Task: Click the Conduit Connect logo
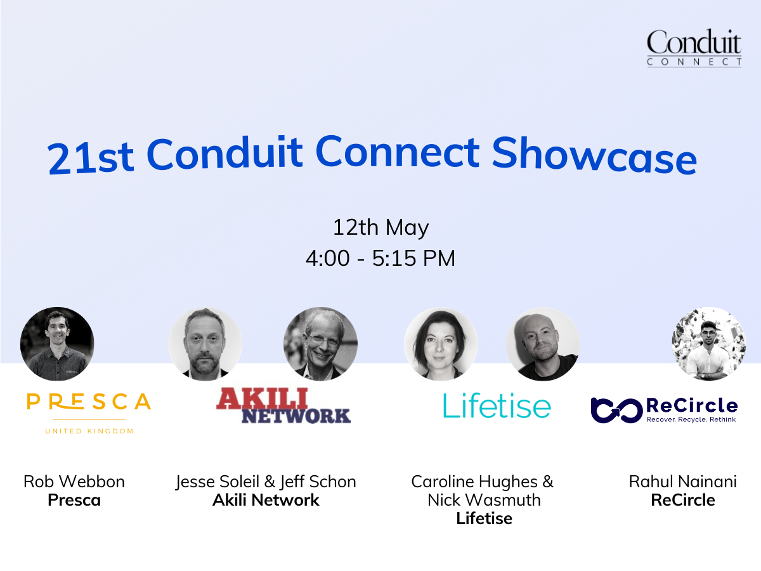[694, 48]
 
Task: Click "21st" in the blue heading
[91, 157]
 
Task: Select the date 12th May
[380, 227]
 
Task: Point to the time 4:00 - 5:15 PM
[380, 259]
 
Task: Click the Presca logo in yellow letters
[89, 402]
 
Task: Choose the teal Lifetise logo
[497, 406]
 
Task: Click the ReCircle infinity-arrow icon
[613, 409]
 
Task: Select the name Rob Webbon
[74, 482]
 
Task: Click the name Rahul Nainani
[682, 482]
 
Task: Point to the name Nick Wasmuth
[484, 500]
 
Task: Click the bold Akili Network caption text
[266, 500]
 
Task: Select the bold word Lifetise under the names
[484, 518]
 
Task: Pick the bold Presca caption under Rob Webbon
[74, 500]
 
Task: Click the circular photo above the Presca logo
[57, 344]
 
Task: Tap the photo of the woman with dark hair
[440, 344]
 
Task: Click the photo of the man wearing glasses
[320, 344]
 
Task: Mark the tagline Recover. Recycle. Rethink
[691, 419]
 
